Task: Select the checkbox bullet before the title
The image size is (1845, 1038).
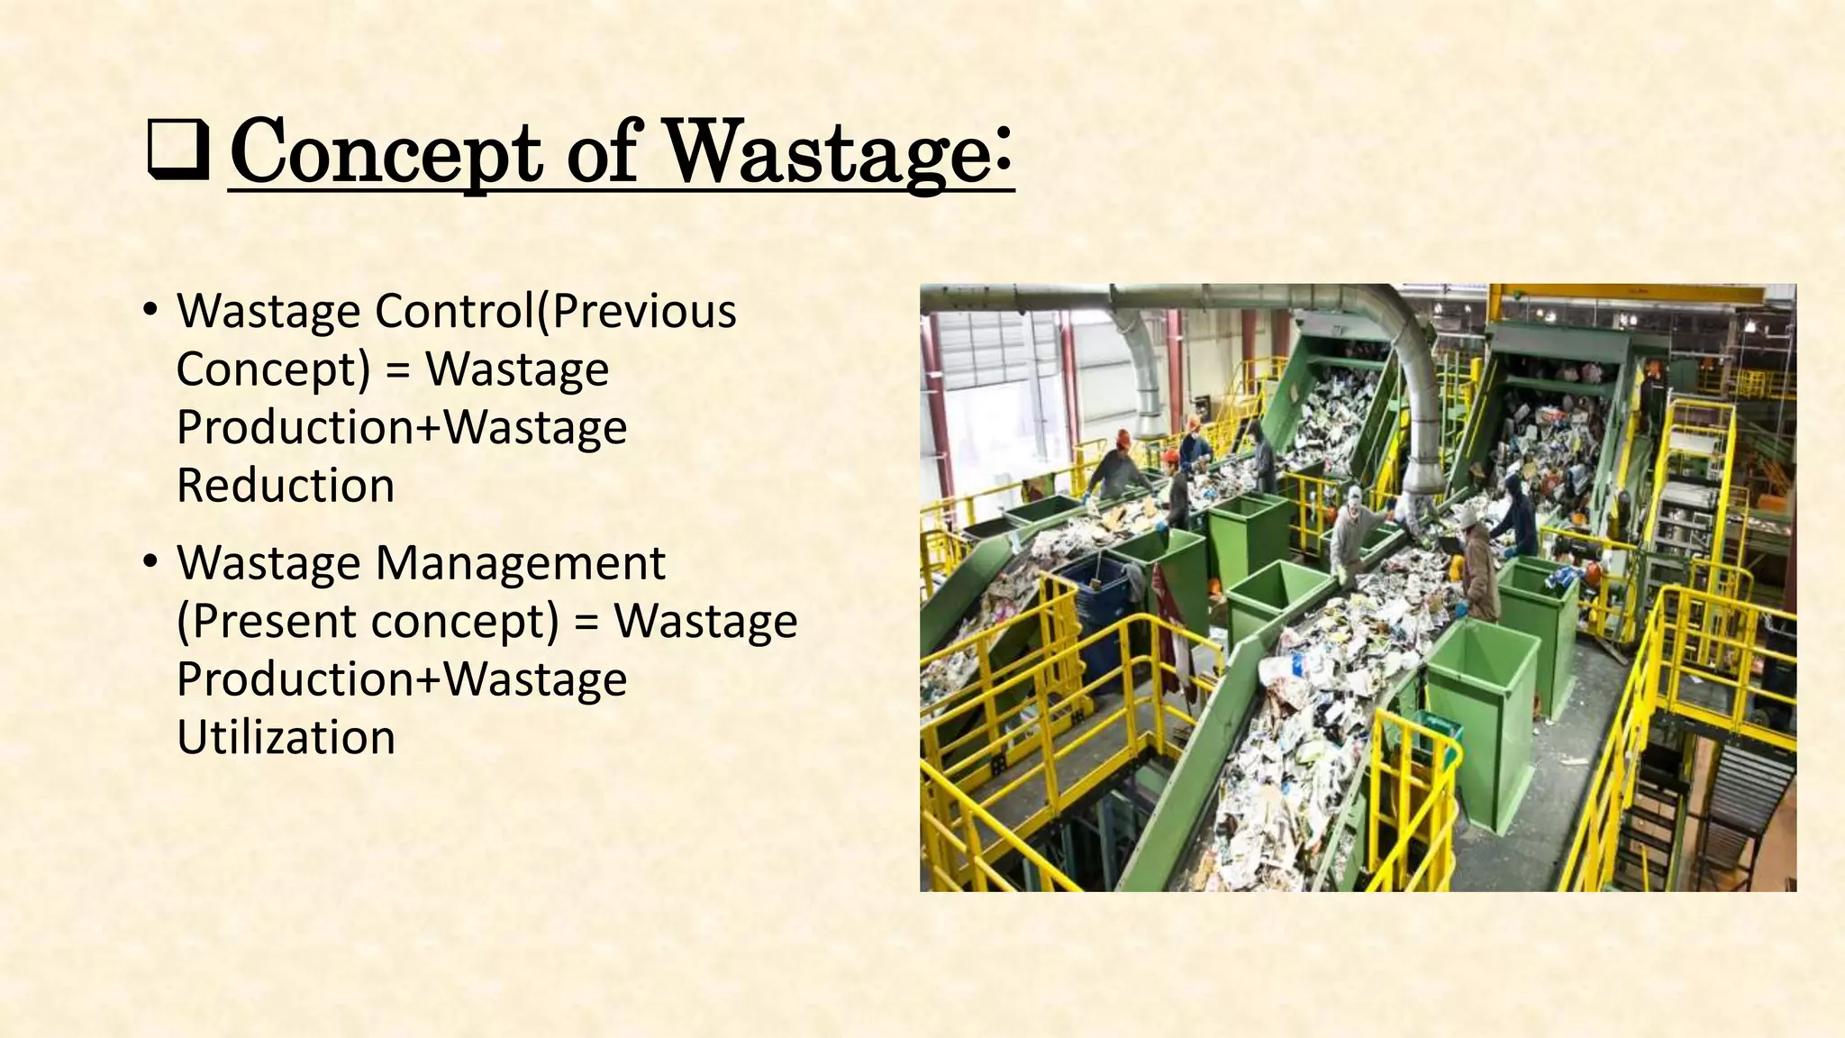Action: coord(177,153)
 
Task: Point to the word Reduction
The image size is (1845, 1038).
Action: coord(286,486)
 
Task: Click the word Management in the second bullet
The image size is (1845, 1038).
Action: coord(520,563)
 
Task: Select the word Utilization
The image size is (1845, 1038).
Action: coord(286,737)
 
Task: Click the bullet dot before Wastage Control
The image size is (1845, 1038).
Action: coord(150,311)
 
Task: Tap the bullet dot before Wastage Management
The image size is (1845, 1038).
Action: coord(150,563)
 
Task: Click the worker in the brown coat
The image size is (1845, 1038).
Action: coord(1479,568)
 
